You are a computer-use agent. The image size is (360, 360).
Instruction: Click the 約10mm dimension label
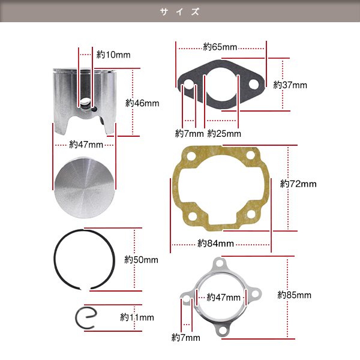click(113, 55)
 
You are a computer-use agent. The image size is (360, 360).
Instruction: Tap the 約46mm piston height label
click(142, 103)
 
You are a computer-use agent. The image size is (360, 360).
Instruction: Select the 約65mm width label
click(220, 47)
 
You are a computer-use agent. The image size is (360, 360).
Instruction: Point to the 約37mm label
click(290, 85)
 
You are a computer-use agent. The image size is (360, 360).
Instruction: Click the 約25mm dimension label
click(224, 133)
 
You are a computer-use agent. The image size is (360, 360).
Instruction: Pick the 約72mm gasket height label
click(298, 184)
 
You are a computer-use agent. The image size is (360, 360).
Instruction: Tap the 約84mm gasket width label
click(216, 243)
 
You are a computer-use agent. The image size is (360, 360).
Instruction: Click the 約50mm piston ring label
click(141, 260)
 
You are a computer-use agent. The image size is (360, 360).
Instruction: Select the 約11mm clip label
click(137, 317)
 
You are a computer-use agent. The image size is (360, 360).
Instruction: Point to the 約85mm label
click(295, 295)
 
